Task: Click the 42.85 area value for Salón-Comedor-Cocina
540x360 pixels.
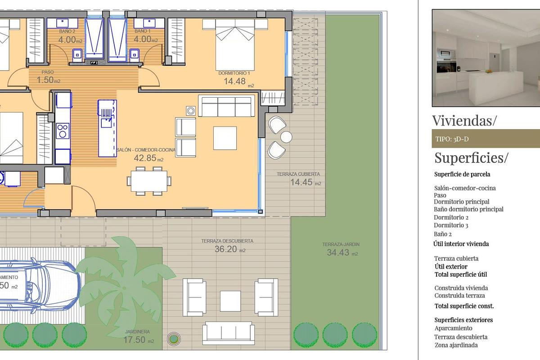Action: click(x=144, y=158)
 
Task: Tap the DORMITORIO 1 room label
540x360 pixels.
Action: click(x=236, y=73)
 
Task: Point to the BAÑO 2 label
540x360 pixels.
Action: click(x=67, y=31)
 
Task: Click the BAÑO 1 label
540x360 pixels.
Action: click(x=142, y=31)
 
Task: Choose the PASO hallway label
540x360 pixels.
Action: click(x=47, y=72)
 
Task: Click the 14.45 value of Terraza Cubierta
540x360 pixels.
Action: click(x=301, y=182)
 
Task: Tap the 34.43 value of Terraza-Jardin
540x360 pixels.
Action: click(x=338, y=253)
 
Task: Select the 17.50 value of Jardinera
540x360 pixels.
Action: click(x=135, y=340)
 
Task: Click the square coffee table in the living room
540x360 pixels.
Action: click(x=225, y=138)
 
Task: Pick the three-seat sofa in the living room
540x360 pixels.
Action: click(x=227, y=107)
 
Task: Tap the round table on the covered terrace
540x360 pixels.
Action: click(x=286, y=136)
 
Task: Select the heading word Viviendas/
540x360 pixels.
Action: click(x=464, y=121)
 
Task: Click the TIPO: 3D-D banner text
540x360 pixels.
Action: click(x=452, y=139)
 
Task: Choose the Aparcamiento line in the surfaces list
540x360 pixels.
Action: click(x=453, y=328)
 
